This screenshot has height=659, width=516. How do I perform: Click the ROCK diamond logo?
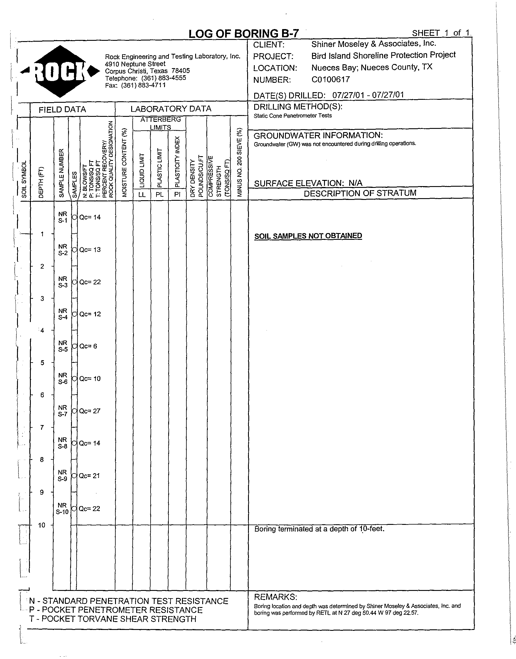[60, 71]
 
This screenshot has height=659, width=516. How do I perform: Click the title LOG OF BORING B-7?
[244, 33]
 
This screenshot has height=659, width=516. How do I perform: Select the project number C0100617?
[330, 80]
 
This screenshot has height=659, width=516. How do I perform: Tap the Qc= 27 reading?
[90, 411]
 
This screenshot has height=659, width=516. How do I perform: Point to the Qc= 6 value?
[88, 346]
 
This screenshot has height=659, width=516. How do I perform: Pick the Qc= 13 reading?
[90, 250]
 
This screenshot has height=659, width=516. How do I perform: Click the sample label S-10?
[62, 512]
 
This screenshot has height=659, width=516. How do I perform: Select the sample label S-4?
[63, 317]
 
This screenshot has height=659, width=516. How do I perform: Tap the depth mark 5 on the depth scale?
[42, 363]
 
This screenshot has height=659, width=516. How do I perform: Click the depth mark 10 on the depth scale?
[42, 525]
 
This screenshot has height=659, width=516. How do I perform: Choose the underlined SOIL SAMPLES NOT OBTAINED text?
[308, 236]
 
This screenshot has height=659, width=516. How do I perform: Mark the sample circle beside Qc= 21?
[74, 476]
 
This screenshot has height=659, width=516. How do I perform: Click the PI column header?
[177, 195]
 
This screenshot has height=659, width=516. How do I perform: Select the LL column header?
[142, 195]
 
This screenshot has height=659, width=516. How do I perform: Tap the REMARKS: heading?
[276, 597]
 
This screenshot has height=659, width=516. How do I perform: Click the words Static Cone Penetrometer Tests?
[292, 116]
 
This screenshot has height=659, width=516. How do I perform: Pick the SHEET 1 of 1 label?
[441, 33]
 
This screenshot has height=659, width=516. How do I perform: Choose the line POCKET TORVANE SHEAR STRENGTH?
[113, 619]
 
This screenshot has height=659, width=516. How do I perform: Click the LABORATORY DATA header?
[171, 109]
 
